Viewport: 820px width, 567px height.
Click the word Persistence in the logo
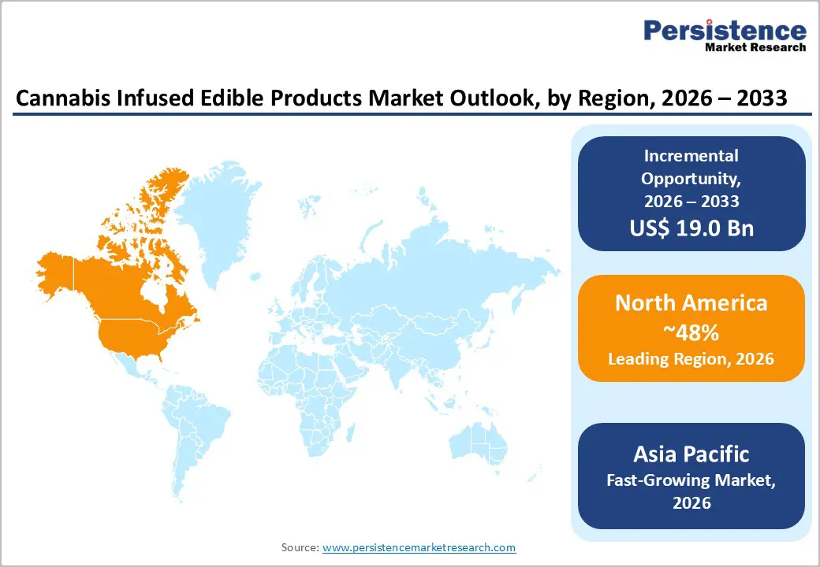click(725, 30)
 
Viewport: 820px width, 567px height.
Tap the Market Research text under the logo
click(756, 47)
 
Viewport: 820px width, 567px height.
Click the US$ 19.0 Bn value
click(691, 228)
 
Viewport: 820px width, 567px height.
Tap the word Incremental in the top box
click(691, 155)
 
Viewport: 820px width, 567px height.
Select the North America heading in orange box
click(691, 303)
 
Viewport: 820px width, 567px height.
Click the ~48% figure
click(691, 332)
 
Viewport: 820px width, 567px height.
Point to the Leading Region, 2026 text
click(691, 359)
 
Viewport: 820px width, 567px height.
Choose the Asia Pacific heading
click(691, 454)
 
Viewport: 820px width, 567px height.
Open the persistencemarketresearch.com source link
click(419, 547)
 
